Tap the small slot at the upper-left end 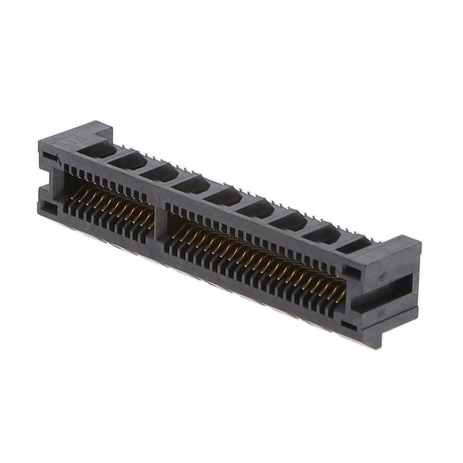click(49, 158)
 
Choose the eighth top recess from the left click(321, 234)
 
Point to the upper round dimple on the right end click(382, 277)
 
